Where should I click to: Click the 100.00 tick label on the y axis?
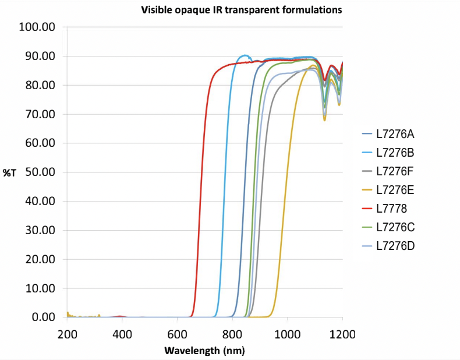(37, 27)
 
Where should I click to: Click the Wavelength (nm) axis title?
(204, 351)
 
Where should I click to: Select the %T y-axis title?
(10, 173)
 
